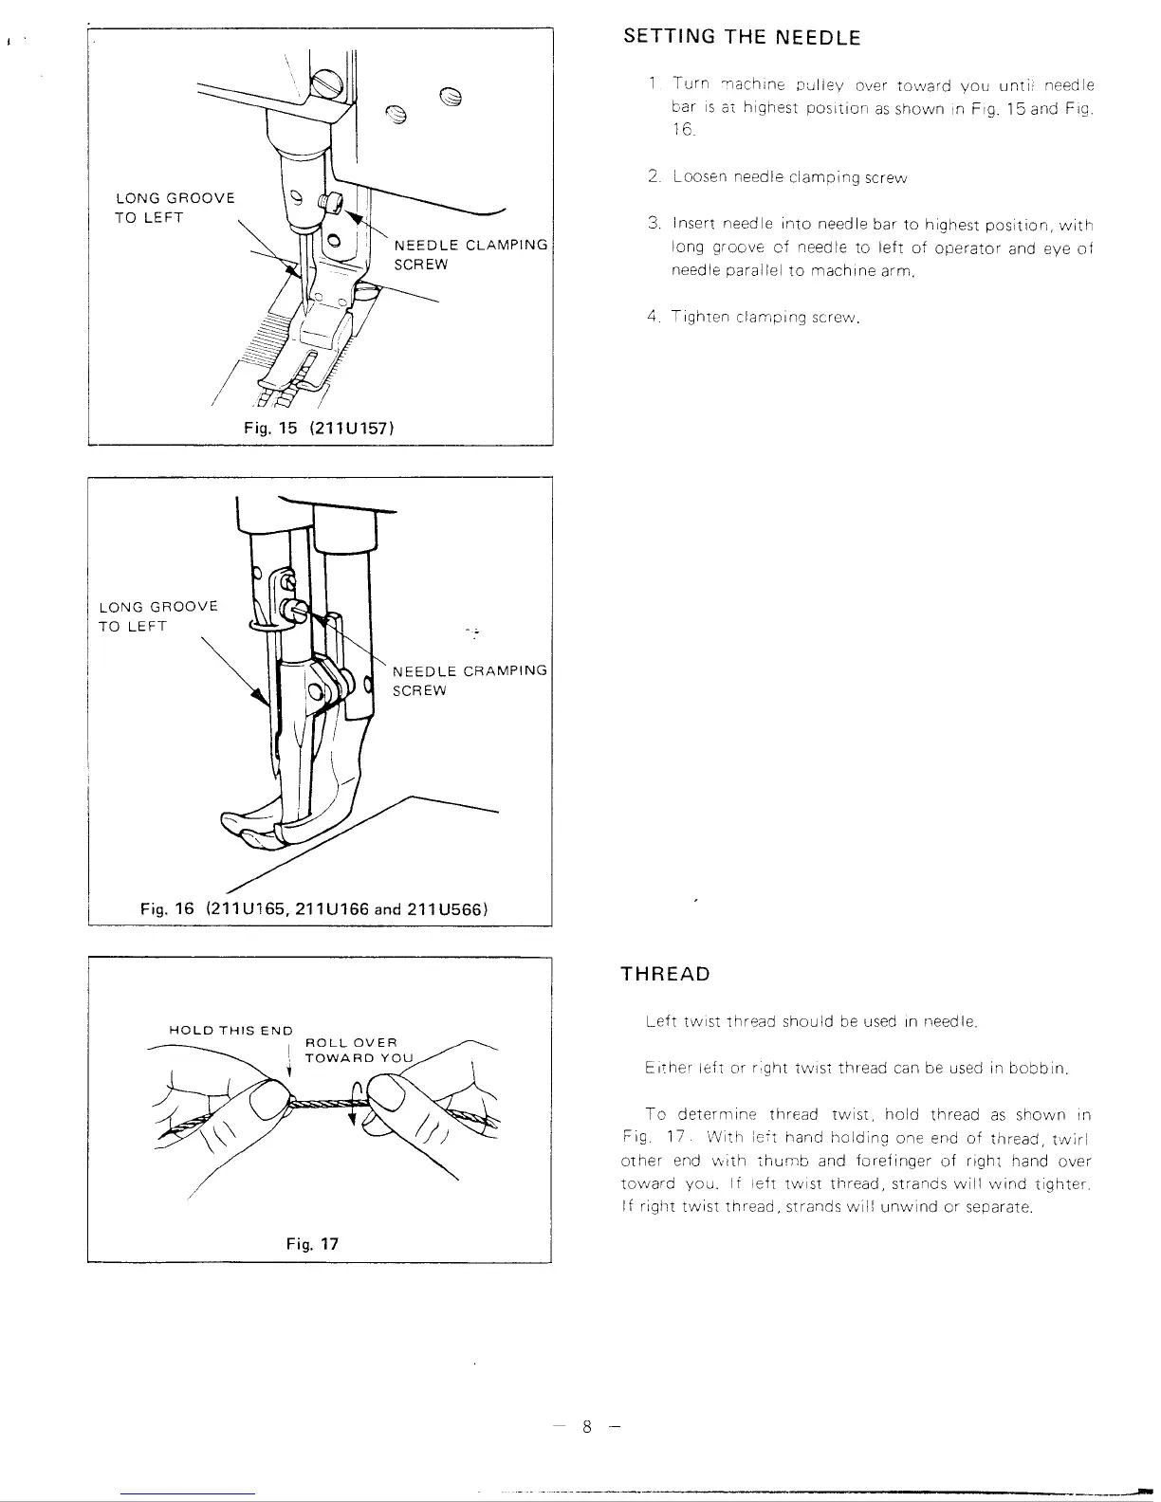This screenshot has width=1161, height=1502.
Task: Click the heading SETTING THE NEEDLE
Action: click(x=742, y=38)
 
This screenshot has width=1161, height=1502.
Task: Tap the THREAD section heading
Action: click(x=665, y=974)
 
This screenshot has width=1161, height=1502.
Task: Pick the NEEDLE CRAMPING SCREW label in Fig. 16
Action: click(x=470, y=680)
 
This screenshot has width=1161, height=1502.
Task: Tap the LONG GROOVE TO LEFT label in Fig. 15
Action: click(x=175, y=208)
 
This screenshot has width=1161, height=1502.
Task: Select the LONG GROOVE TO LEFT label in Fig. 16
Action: click(x=158, y=616)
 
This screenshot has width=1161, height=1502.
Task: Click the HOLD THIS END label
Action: click(x=230, y=1030)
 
